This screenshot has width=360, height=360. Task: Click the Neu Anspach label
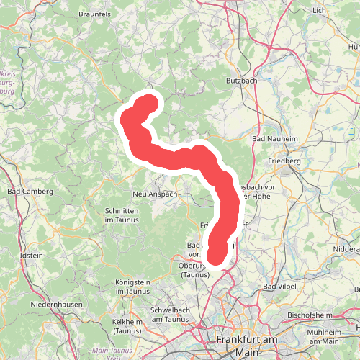[x=155, y=194]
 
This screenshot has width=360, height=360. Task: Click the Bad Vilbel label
[x=279, y=288]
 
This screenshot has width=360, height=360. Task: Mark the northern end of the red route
[x=150, y=104]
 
